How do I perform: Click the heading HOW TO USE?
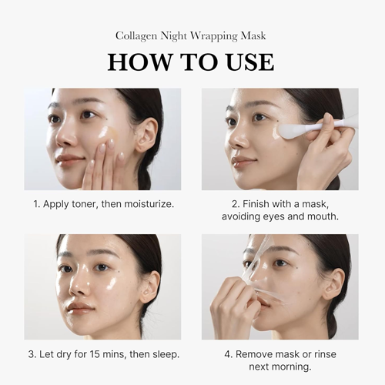pos(191,62)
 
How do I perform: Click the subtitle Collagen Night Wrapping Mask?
pos(191,35)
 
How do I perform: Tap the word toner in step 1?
pos(89,206)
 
